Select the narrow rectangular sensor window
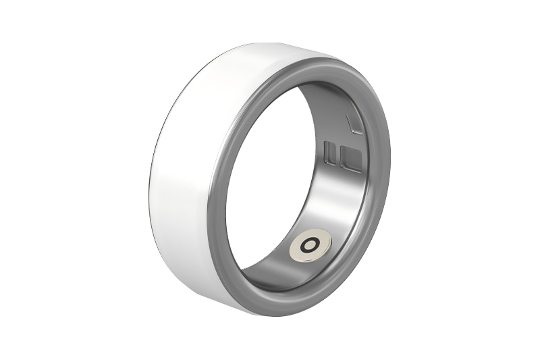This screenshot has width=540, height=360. pos(329,153)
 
